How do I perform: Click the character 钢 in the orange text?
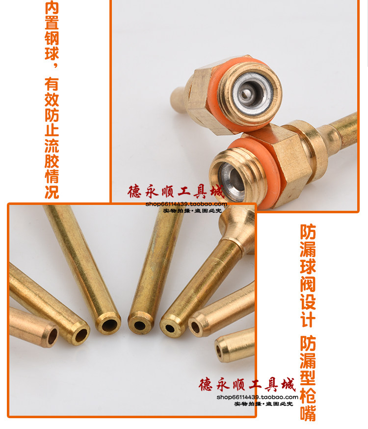(52, 38)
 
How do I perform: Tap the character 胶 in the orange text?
(52, 161)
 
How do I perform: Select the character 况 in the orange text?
(52, 192)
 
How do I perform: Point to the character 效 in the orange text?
(52, 100)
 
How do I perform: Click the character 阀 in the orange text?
(308, 284)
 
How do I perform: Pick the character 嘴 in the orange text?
(308, 413)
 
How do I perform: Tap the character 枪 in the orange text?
(308, 395)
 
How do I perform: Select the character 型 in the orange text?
(308, 377)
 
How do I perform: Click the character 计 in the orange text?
(308, 319)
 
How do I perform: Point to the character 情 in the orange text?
(52, 176)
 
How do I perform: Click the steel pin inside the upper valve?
(246, 93)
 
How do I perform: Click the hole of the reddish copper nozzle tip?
(52, 336)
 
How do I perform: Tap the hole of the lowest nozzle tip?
(219, 351)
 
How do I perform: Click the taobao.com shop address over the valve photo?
(186, 204)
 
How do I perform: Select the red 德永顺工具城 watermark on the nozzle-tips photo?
(247, 385)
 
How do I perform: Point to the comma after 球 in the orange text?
(56, 65)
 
